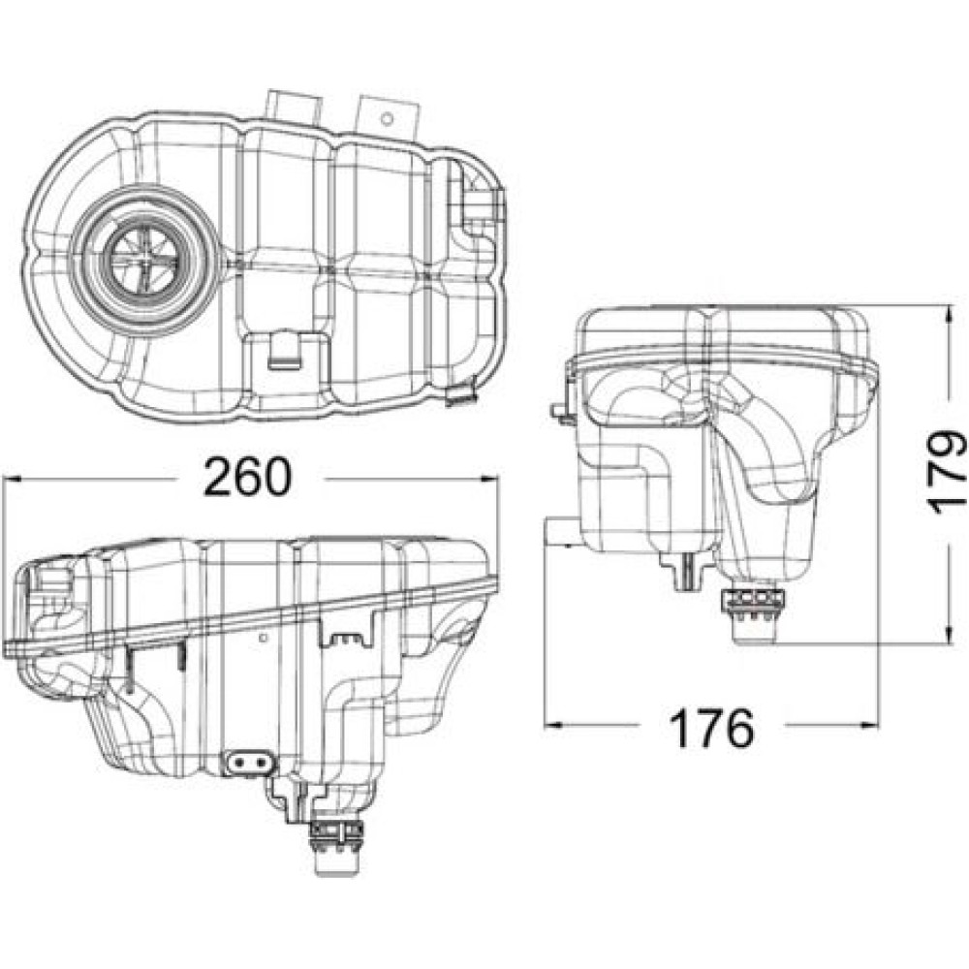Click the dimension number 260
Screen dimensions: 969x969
pyautogui.click(x=246, y=477)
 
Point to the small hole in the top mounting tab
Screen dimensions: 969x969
pyautogui.click(x=387, y=119)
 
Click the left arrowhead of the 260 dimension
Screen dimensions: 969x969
pyautogui.click(x=13, y=479)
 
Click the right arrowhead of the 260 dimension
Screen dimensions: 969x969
pyautogui.click(x=488, y=479)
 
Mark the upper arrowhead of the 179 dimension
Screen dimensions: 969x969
pyautogui.click(x=948, y=315)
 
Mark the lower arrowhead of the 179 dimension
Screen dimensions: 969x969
pyautogui.click(x=948, y=633)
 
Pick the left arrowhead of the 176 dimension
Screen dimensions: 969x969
pyautogui.click(x=553, y=724)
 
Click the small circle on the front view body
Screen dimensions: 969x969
pyautogui.click(x=264, y=637)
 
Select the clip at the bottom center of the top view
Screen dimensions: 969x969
pyautogui.click(x=284, y=351)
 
